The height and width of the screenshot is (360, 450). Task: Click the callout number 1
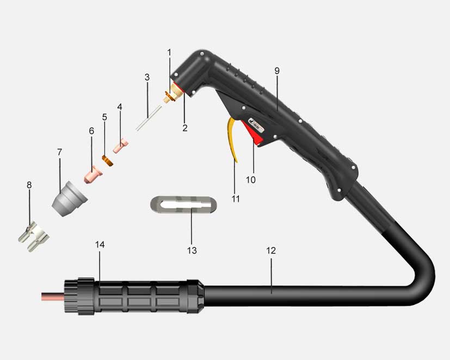point(169,53)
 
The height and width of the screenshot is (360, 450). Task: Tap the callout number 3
point(147,77)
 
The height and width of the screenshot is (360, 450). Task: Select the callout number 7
point(60,152)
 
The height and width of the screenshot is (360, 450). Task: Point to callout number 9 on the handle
point(276,71)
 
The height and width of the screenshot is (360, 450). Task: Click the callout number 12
point(271,250)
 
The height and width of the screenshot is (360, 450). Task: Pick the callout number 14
point(100,245)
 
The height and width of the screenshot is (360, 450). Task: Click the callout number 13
point(192,250)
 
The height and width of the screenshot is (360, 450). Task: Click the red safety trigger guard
point(252,133)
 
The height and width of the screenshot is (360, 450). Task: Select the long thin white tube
point(149,118)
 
